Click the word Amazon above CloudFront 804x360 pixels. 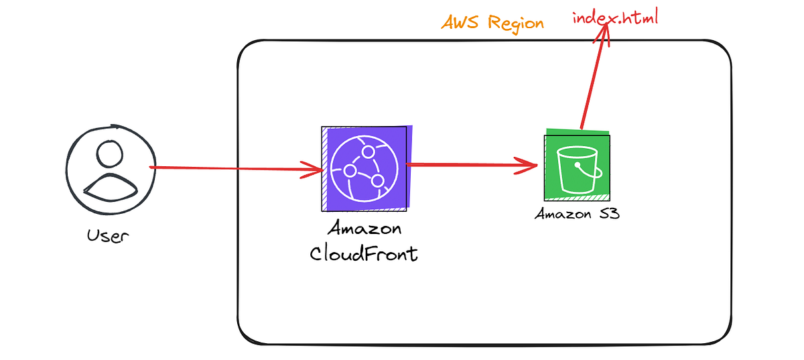[364, 229]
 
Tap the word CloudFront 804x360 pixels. [364, 254]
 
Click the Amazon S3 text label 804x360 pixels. [576, 215]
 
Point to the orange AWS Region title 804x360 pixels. [492, 22]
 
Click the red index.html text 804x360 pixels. [615, 17]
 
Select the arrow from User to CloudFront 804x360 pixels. [234, 168]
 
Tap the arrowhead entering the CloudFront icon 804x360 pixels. [314, 170]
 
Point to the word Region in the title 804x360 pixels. [515, 22]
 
